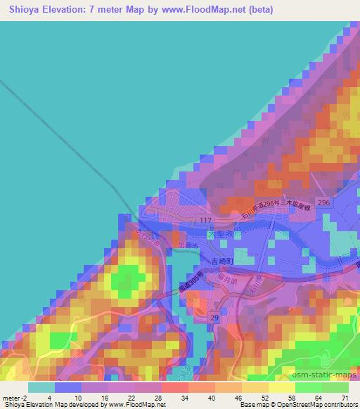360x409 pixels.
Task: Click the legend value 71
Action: (x=342, y=398)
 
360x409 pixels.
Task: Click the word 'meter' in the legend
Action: (x=12, y=398)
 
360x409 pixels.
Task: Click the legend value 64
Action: (x=315, y=398)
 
